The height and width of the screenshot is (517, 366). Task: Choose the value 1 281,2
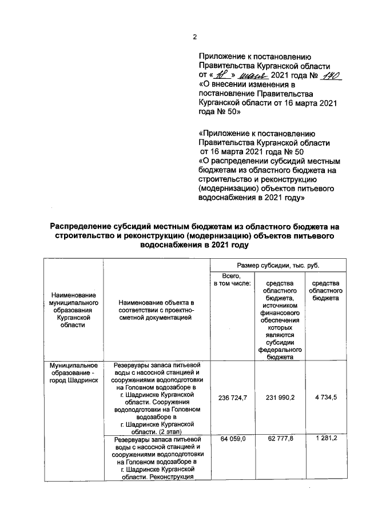click(324, 438)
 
